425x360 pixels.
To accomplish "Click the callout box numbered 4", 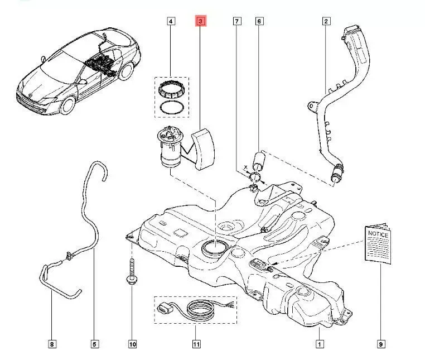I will pyautogui.click(x=171, y=22).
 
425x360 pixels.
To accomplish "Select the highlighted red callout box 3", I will pyautogui.click(x=200, y=22).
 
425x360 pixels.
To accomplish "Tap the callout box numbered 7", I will pyautogui.click(x=237, y=22).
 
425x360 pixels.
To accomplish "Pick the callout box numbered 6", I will pyautogui.click(x=259, y=22).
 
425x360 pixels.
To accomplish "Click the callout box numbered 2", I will pyautogui.click(x=325, y=22).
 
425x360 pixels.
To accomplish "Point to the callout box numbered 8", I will pyautogui.click(x=52, y=344).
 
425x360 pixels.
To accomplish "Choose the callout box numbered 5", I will pyautogui.click(x=94, y=344).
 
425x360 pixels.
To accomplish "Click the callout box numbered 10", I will pyautogui.click(x=132, y=344).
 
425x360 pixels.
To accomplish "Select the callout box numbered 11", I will pyautogui.click(x=196, y=344).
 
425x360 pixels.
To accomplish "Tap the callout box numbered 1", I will pyautogui.click(x=318, y=344).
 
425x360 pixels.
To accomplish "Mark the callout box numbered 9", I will pyautogui.click(x=381, y=344).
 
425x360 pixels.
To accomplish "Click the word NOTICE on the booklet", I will pyautogui.click(x=377, y=235).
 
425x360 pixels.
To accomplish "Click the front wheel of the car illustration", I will pyautogui.click(x=66, y=106).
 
